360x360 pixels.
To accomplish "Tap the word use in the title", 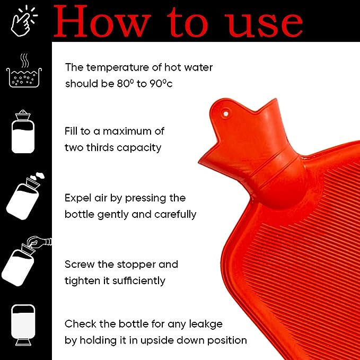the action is coord(264,25).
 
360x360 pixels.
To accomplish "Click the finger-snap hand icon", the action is coord(24,21).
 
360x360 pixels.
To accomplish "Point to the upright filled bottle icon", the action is coord(23,131).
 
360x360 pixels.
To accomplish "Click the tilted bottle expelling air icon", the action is coord(24,197).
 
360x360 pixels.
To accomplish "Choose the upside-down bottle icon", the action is coord(23,325).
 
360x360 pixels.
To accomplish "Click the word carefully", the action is coord(175,214).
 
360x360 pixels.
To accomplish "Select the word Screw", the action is coord(80,265).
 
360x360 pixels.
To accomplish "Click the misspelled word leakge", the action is coord(206,324).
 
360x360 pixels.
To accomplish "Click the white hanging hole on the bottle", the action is coord(226,113).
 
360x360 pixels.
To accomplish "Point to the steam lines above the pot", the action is coord(24,60).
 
